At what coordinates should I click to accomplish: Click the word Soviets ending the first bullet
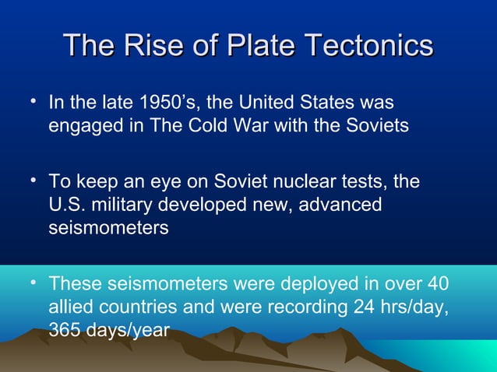(x=375, y=125)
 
